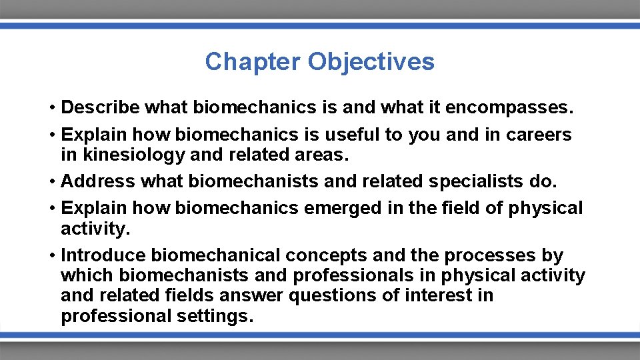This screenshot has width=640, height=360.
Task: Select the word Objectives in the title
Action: click(x=371, y=61)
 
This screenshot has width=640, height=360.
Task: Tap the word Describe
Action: click(x=100, y=107)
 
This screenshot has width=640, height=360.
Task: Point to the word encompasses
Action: click(x=519, y=107)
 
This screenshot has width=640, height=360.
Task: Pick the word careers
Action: click(x=539, y=135)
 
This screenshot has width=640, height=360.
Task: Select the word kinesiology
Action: click(x=124, y=155)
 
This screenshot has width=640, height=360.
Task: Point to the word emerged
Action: click(x=343, y=209)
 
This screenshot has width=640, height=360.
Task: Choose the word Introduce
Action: click(x=103, y=255)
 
